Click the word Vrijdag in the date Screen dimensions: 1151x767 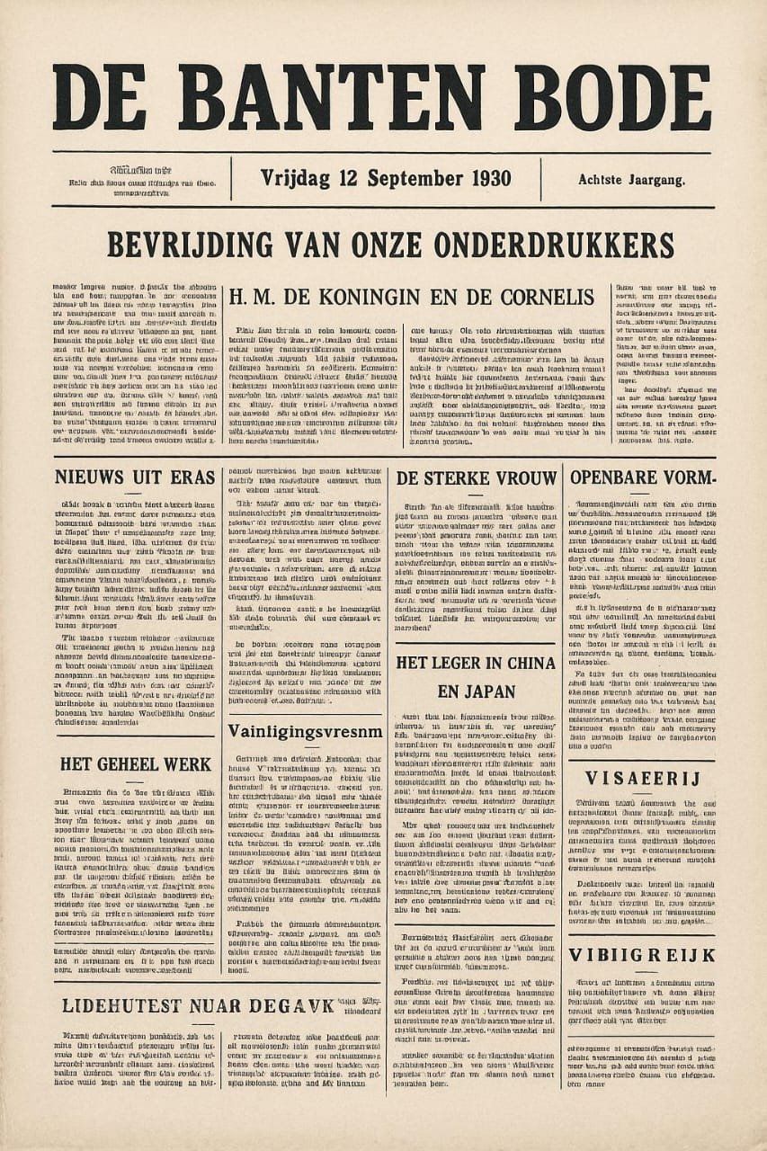tap(298, 178)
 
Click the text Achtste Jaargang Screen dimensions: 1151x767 tap(631, 180)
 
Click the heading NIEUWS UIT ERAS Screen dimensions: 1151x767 tap(135, 477)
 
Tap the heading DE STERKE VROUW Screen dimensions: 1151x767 tap(477, 478)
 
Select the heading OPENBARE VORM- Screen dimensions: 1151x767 tap(641, 477)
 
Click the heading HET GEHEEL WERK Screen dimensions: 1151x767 tap(137, 764)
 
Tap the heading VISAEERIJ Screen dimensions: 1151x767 tap(641, 779)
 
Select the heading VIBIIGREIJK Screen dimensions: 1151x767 tap(641, 955)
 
